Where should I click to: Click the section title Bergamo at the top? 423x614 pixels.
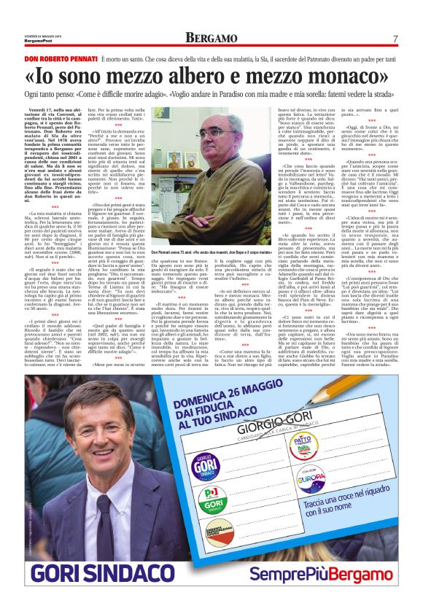[x=211, y=37]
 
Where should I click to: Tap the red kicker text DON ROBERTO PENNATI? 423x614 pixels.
[x=55, y=57]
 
